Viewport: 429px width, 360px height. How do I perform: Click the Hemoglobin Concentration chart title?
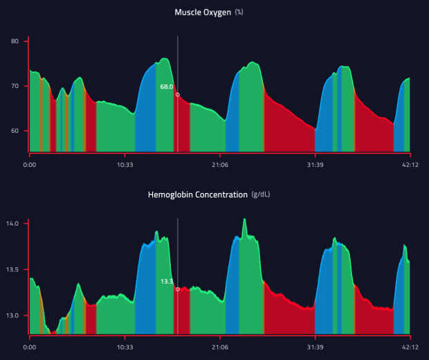point(197,195)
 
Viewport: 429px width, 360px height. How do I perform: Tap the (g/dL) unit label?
point(261,195)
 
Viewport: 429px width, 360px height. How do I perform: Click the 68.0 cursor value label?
point(166,87)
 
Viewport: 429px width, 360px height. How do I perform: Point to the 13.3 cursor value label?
point(167,281)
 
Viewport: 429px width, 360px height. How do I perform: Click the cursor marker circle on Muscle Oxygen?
point(178,94)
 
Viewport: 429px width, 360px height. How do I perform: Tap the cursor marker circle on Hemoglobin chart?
point(178,289)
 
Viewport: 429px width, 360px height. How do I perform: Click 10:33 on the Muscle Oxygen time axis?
point(125,165)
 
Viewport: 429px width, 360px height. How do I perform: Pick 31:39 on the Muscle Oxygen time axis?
point(315,165)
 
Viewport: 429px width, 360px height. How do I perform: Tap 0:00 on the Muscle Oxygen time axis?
point(30,165)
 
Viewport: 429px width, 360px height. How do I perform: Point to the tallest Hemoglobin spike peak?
point(244,220)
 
